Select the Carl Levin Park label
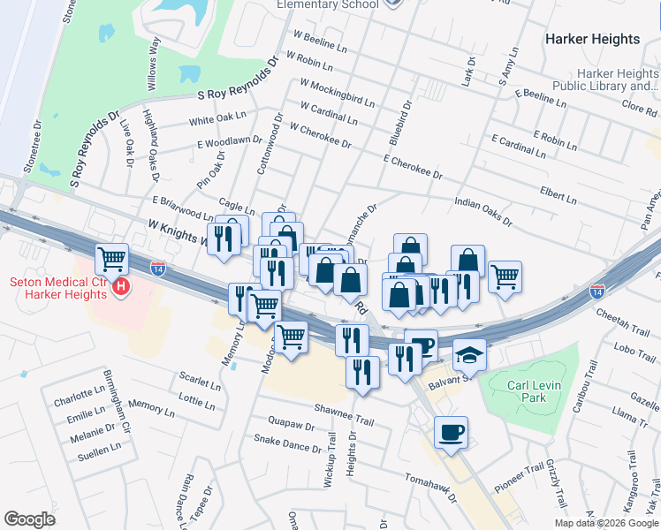tap(538, 391)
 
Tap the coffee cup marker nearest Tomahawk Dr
tap(451, 432)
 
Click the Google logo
tap(29, 519)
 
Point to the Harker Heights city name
tap(592, 39)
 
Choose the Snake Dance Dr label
tap(287, 443)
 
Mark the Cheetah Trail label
tap(623, 314)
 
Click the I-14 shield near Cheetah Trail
tap(597, 289)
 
